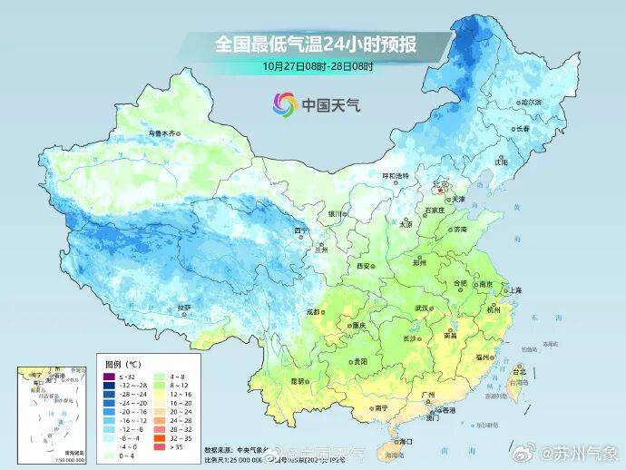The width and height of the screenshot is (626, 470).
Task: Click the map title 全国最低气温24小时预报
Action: [x=312, y=43]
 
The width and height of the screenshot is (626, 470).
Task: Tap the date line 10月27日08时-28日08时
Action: [x=312, y=65]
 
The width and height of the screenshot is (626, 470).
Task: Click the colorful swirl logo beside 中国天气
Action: [x=284, y=105]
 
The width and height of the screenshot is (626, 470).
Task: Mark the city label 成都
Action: [x=314, y=311]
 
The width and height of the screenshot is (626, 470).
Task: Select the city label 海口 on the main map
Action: [x=405, y=441]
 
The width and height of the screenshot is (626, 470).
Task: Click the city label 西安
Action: [x=364, y=266]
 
